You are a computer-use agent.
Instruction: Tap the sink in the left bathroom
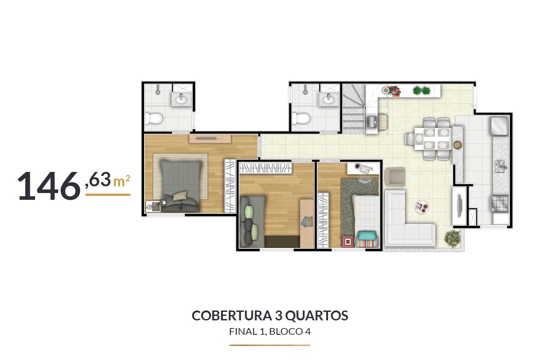[181, 99]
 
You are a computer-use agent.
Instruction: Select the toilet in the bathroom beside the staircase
[302, 118]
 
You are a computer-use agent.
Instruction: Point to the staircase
[354, 108]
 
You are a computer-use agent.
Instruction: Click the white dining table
[433, 139]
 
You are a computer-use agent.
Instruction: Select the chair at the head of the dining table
[410, 139]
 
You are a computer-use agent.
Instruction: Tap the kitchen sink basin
[500, 166]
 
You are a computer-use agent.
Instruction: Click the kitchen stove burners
[500, 204]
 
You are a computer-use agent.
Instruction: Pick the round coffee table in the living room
[421, 207]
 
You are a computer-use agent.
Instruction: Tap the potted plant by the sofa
[453, 238]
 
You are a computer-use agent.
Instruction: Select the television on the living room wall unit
[460, 206]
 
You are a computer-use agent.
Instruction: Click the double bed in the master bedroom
[181, 186]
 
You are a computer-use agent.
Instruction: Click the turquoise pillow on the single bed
[367, 235]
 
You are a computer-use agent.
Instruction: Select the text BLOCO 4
[290, 332]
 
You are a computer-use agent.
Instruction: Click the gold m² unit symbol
[122, 181]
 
